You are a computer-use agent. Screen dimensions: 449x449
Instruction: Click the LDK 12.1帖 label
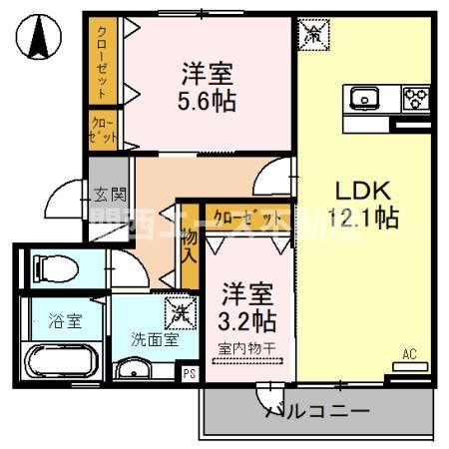pos(363,203)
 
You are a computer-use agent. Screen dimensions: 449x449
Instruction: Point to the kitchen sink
pos(364,98)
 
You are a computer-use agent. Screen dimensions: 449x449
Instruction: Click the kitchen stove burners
pos(415,98)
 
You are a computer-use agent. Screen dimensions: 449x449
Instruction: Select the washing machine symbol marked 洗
pos(179,312)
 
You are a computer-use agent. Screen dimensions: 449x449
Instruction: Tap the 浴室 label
pos(65,321)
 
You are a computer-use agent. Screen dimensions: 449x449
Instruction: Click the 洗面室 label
pos(155,339)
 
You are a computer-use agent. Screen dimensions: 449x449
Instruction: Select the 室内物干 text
pos(246,347)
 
